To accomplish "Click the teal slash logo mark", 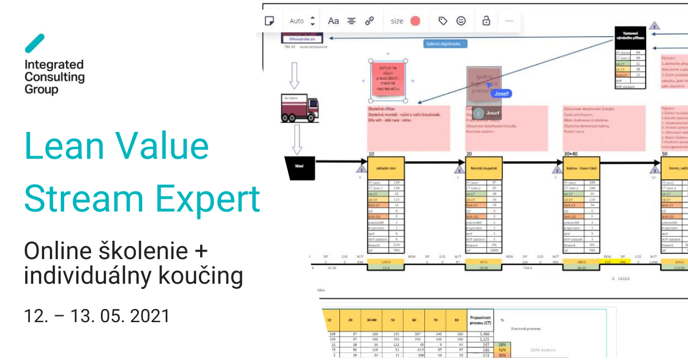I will coord(34,44).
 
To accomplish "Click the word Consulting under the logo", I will coord(54,77).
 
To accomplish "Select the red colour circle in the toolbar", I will coord(415,21).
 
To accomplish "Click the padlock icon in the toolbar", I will coord(486,21).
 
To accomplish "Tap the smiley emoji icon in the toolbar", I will coord(461,21).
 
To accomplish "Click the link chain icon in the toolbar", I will coord(370,21).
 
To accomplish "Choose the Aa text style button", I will coord(333,21).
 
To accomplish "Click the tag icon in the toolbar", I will coord(443,21).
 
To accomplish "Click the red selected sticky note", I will coord(388,79).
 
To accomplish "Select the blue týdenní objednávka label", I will coord(445,44).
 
